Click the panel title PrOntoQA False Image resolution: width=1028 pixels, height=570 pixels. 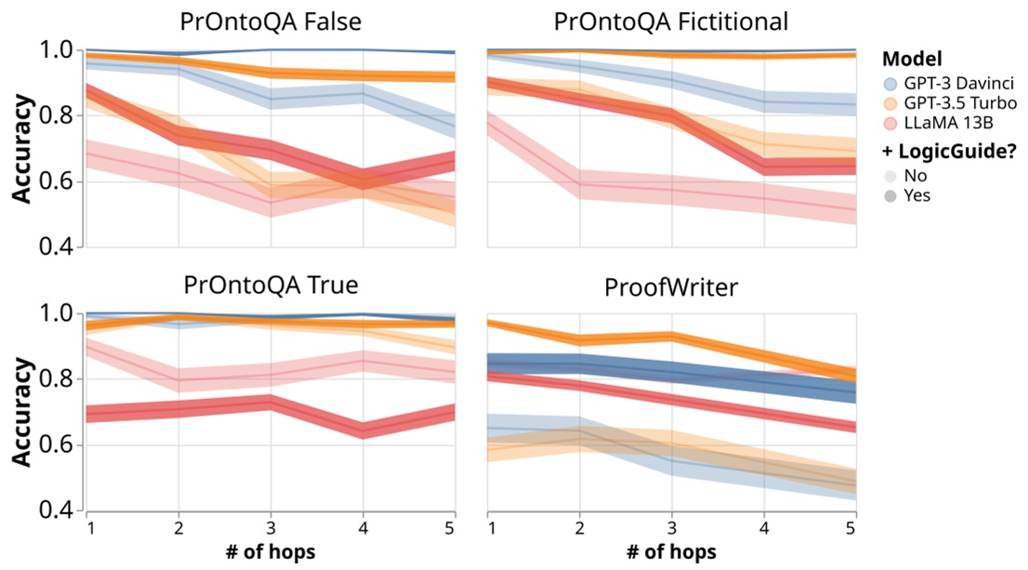(270, 20)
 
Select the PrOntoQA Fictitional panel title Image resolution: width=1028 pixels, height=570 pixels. (671, 20)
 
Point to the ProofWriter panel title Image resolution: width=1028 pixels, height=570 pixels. (671, 286)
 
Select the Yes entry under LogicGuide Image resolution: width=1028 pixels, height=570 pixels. (930, 195)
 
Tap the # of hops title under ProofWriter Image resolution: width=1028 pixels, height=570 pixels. (671, 551)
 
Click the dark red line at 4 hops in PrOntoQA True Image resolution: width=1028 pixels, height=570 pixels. (362, 430)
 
